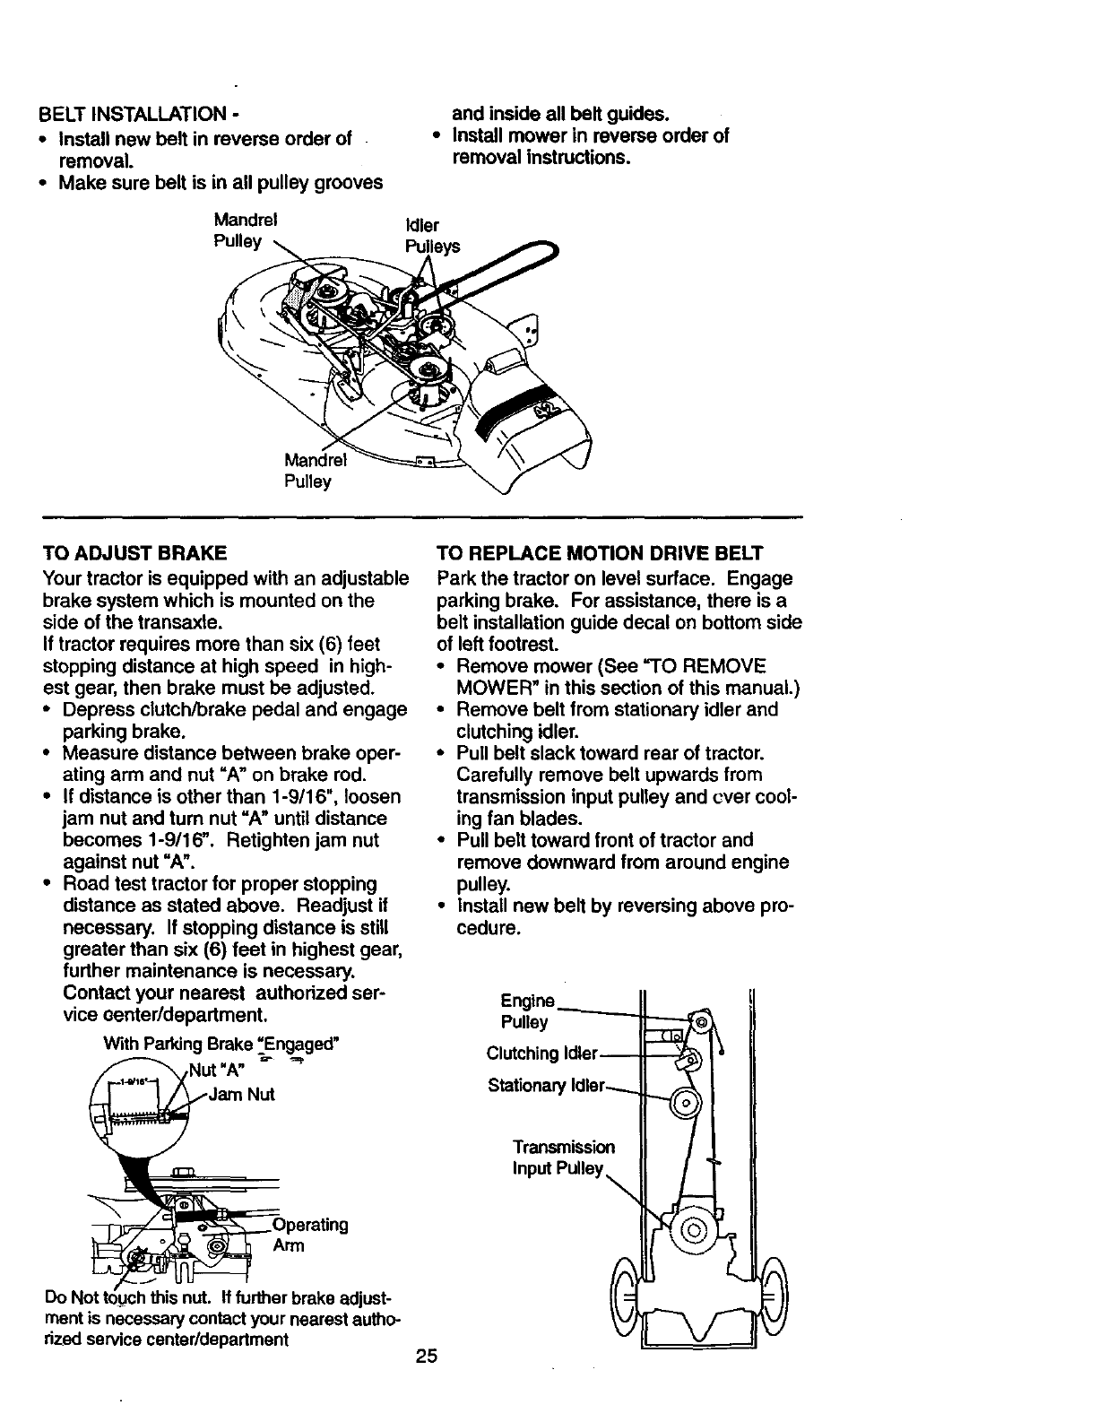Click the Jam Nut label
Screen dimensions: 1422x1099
coord(243,1094)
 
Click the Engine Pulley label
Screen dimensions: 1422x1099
coord(529,1011)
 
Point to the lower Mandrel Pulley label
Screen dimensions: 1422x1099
coord(308,471)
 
